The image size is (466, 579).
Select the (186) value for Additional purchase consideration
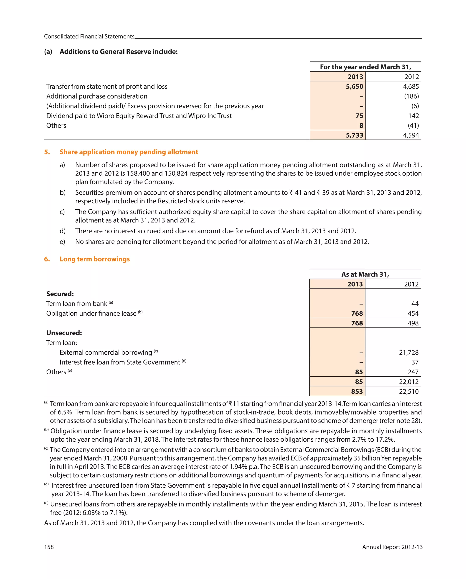click(411, 96)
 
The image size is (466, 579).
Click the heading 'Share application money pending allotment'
click(129, 152)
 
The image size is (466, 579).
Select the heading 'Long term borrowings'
click(95, 259)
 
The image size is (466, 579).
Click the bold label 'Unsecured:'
click(64, 333)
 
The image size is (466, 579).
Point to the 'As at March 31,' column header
click(365, 274)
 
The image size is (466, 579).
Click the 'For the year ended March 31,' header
click(365, 67)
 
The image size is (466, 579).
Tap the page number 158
click(49, 547)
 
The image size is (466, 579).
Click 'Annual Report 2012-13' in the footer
click(392, 547)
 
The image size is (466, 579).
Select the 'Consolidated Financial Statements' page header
click(89, 37)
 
